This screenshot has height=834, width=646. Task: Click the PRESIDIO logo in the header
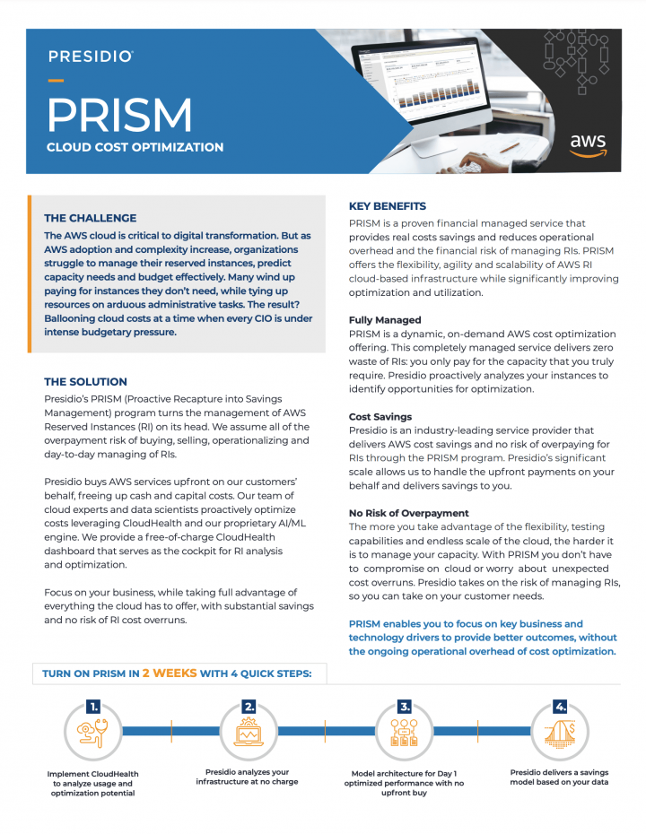click(91, 56)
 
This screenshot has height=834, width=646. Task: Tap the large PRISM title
click(119, 115)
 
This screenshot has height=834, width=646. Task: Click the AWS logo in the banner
click(588, 144)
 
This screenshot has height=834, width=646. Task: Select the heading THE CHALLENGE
click(91, 218)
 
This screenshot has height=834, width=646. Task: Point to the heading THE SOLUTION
click(85, 381)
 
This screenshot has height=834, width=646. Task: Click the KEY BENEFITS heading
click(388, 206)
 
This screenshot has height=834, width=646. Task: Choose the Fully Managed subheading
click(385, 319)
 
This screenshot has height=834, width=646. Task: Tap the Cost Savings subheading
click(380, 417)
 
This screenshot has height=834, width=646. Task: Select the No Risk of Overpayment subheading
click(409, 513)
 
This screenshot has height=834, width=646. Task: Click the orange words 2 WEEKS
click(170, 673)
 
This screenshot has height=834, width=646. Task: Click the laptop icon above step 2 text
click(249, 734)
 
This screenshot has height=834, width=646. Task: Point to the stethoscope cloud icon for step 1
click(92, 734)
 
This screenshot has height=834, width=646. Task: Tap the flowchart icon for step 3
click(405, 734)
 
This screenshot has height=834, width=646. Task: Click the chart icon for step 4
click(561, 734)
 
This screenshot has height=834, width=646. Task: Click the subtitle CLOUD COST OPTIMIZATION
click(135, 147)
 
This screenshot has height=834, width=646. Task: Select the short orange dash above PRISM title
click(56, 82)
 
